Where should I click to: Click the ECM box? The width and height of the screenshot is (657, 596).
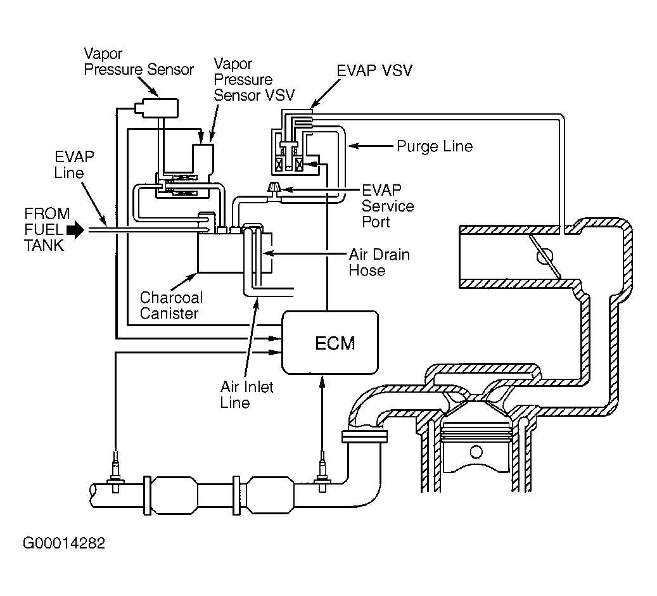330,343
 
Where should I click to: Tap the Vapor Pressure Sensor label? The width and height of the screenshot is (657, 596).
139,61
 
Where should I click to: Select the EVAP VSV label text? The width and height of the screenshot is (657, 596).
374,70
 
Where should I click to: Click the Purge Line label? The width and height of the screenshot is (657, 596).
435,146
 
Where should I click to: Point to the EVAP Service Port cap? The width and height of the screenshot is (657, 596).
274,188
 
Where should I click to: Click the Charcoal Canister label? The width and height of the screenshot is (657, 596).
171,305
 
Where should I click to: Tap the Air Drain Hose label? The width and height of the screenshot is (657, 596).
380,262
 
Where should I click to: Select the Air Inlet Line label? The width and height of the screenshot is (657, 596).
247,394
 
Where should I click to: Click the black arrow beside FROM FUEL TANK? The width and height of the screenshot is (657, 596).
75,229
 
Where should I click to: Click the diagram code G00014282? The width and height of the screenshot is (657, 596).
64,543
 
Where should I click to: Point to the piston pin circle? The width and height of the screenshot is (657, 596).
476,452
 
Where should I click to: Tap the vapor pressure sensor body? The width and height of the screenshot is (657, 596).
156,108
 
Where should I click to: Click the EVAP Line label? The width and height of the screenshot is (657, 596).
73,165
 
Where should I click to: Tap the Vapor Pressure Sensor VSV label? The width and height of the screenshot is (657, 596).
254,80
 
